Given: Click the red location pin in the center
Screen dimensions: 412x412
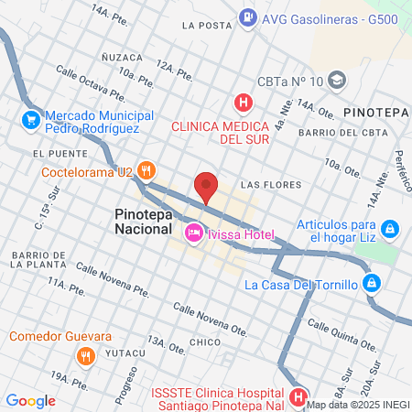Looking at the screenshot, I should pyautogui.click(x=207, y=187).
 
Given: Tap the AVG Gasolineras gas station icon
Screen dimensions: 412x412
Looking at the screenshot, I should pyautogui.click(x=247, y=16).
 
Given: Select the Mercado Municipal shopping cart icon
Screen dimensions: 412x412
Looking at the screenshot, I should pyautogui.click(x=30, y=119).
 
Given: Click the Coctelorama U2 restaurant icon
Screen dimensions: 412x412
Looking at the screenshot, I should pyautogui.click(x=147, y=171).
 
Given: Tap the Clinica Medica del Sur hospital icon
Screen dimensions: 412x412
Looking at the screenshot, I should pyautogui.click(x=243, y=103).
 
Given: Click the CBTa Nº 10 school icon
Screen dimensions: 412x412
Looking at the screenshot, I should pyautogui.click(x=337, y=81).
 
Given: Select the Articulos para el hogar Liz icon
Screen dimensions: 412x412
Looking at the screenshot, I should pyautogui.click(x=389, y=228).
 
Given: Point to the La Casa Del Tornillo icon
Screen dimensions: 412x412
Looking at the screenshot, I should pyautogui.click(x=370, y=284).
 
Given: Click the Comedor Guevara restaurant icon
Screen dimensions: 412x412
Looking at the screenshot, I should pyautogui.click(x=84, y=354).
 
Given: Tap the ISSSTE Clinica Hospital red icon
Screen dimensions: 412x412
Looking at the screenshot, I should pyautogui.click(x=298, y=397).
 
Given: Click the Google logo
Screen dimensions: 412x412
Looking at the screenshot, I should pyautogui.click(x=31, y=400).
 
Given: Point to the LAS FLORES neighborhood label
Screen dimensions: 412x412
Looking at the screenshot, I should pyautogui.click(x=270, y=185).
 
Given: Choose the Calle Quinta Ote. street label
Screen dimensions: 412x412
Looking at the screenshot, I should pyautogui.click(x=342, y=335).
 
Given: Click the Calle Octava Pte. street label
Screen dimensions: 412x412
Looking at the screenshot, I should pyautogui.click(x=88, y=80).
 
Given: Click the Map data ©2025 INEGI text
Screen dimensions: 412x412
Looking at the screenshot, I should pyautogui.click(x=358, y=404).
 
